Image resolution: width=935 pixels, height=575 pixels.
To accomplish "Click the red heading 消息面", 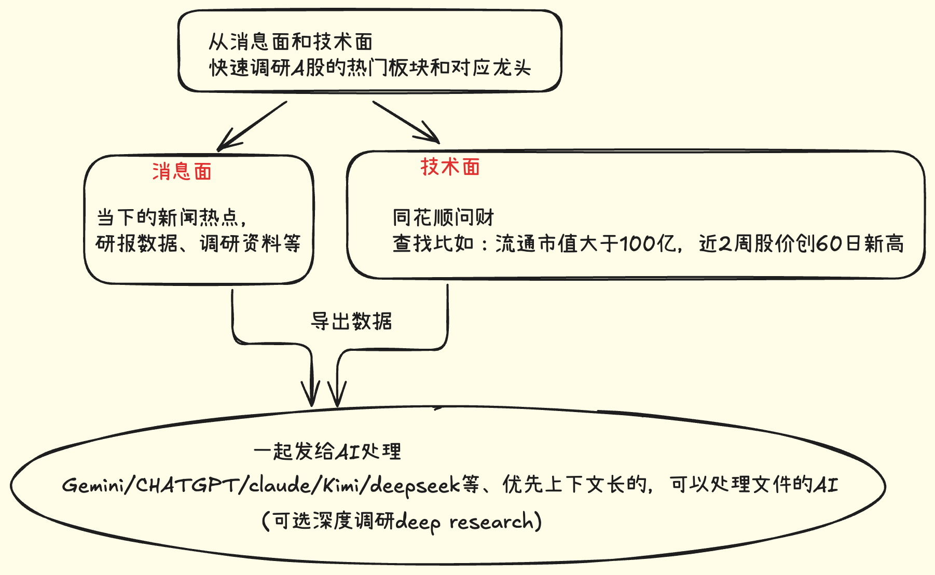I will pos(182,171).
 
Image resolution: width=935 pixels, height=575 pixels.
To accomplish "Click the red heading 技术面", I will pos(450,167).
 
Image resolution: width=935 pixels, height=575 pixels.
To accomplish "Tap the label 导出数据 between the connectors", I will pos(351,321).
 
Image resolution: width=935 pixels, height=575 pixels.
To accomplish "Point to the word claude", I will pos(280,485).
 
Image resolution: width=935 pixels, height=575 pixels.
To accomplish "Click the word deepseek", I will pos(415,486).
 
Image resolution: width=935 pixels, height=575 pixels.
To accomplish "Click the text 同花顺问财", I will pos(443,217).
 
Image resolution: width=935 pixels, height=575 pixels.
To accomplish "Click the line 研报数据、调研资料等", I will pos(198,243).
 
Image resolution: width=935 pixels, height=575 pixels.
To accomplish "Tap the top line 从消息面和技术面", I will pos(291,42).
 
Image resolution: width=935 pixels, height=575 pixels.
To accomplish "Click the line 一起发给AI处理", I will pos(327,451).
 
